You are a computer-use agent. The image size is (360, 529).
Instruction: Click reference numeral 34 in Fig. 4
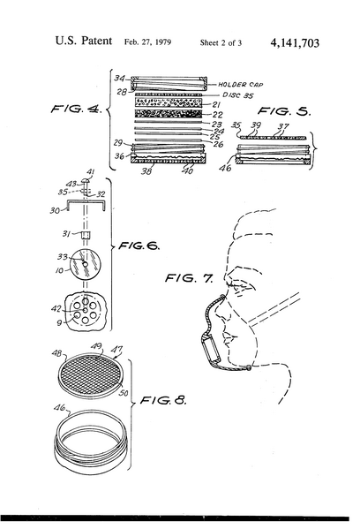(x=121, y=79)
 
